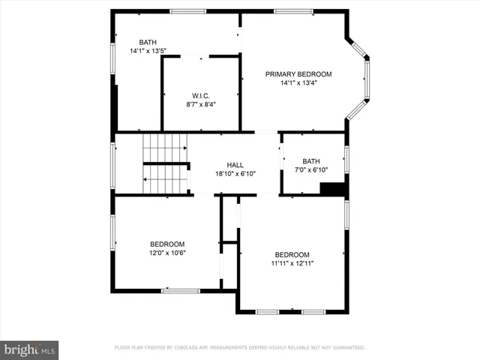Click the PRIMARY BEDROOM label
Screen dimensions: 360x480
pyautogui.click(x=298, y=74)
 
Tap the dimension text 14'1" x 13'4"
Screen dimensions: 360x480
pyautogui.click(x=298, y=83)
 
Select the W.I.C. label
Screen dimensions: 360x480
pyautogui.click(x=200, y=96)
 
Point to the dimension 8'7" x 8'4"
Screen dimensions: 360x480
pyautogui.click(x=200, y=105)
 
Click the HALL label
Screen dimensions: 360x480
pyautogui.click(x=235, y=165)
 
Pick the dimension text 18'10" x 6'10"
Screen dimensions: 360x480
pyautogui.click(x=235, y=174)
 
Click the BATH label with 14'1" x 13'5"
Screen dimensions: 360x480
pyautogui.click(x=148, y=42)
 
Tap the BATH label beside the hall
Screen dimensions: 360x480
pyautogui.click(x=310, y=161)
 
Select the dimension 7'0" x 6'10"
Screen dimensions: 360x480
pyautogui.click(x=310, y=170)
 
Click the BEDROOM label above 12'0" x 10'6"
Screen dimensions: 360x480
pyautogui.click(x=167, y=244)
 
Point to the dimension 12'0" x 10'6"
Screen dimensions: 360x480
pyautogui.click(x=167, y=253)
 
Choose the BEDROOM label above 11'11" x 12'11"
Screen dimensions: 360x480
pyautogui.click(x=292, y=255)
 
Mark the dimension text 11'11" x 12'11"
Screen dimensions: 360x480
pyautogui.click(x=292, y=264)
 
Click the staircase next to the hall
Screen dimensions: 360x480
pyautogui.click(x=165, y=164)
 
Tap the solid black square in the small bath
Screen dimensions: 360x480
pyautogui.click(x=331, y=189)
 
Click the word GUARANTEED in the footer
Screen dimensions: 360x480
pyautogui.click(x=346, y=348)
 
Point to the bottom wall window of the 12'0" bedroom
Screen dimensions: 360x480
pyautogui.click(x=180, y=290)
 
